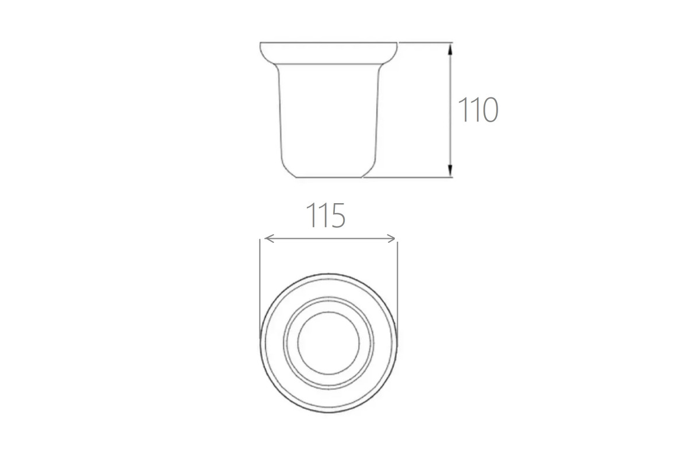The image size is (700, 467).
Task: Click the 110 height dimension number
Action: click(478, 110)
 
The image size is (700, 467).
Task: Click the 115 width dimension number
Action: click(325, 215)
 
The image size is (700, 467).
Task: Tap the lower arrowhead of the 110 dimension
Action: click(450, 171)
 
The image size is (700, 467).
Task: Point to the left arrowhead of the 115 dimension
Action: click(269, 238)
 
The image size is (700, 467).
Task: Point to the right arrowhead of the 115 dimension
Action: click(391, 238)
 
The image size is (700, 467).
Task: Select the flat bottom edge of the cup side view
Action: click(329, 177)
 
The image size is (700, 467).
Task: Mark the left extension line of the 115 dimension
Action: click(260, 289)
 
